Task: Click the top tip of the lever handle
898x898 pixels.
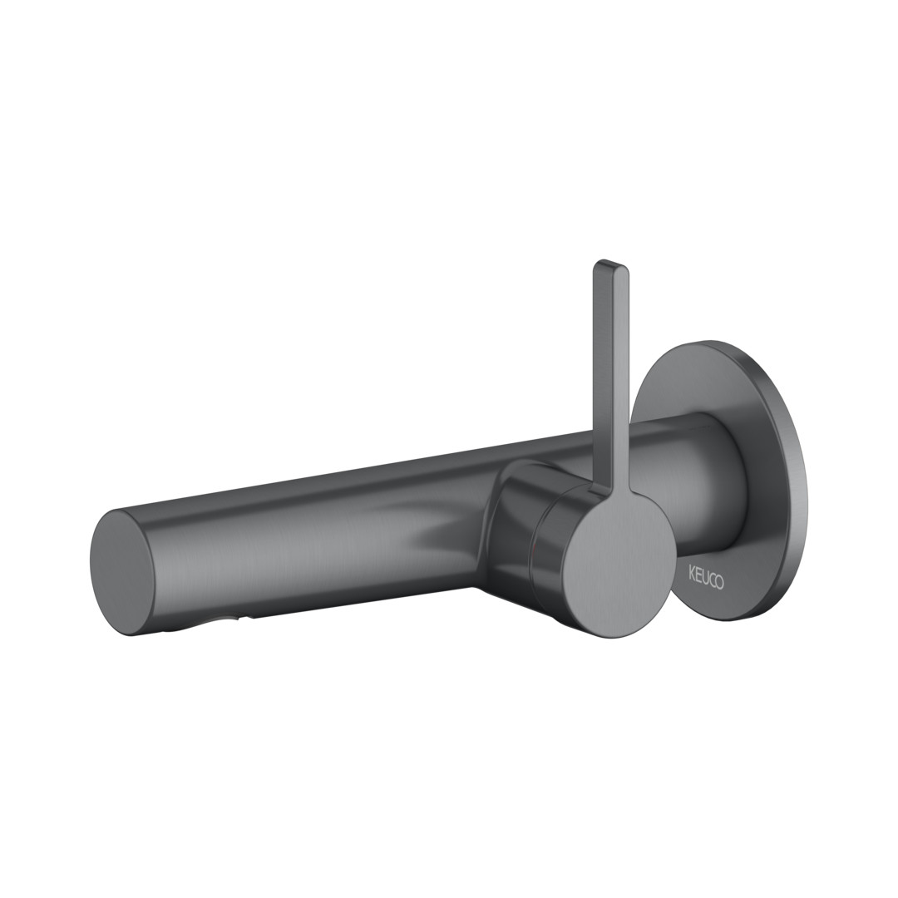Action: tap(612, 265)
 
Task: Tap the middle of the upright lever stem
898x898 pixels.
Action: tap(612, 378)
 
